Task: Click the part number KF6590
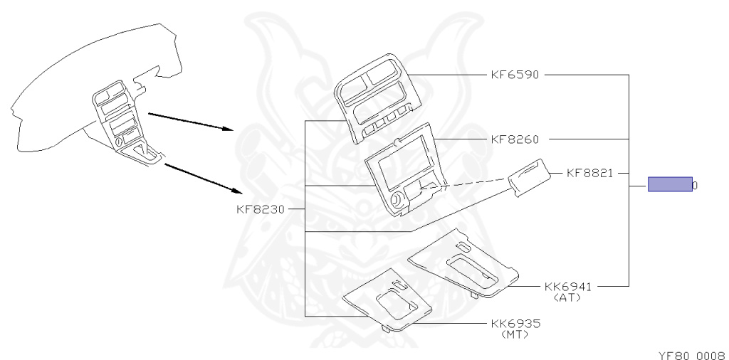tap(515, 74)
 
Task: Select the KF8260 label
tap(515, 139)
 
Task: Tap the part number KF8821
tap(590, 172)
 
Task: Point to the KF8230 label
tap(261, 209)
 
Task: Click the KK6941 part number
tap(567, 286)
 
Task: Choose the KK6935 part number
tap(515, 323)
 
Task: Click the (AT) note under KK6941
tap(567, 297)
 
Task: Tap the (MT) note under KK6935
tap(515, 334)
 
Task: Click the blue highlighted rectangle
tap(670, 185)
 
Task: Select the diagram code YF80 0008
tap(691, 354)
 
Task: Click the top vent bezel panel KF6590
tap(376, 96)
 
